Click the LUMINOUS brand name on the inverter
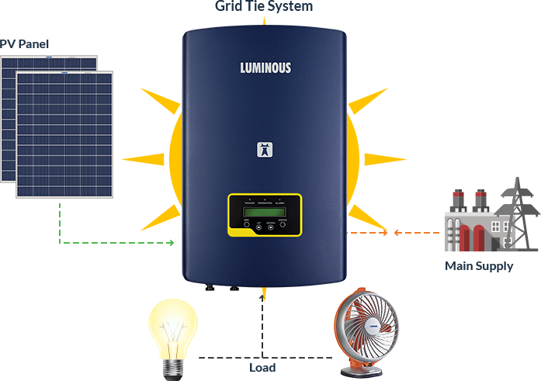[265, 68]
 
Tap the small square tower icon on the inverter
[264, 150]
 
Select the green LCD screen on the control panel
[264, 213]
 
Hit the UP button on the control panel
[259, 228]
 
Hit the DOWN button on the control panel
[271, 228]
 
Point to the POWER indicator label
[249, 203]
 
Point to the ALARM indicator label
[279, 203]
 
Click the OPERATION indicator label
[264, 203]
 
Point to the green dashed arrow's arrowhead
[171, 243]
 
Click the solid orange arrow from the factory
[415, 232]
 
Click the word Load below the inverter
[264, 368]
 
